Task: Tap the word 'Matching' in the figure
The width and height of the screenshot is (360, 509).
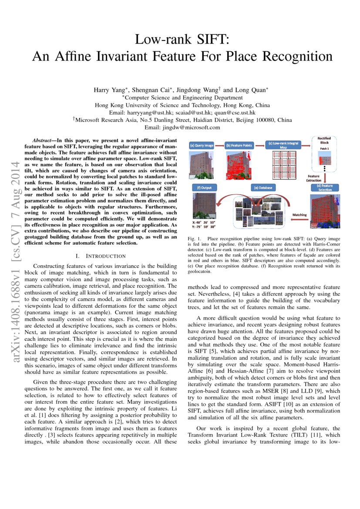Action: [299, 215]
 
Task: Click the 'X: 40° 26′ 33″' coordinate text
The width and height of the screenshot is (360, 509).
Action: [205, 222]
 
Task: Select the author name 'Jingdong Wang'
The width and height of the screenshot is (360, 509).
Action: [197, 90]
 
